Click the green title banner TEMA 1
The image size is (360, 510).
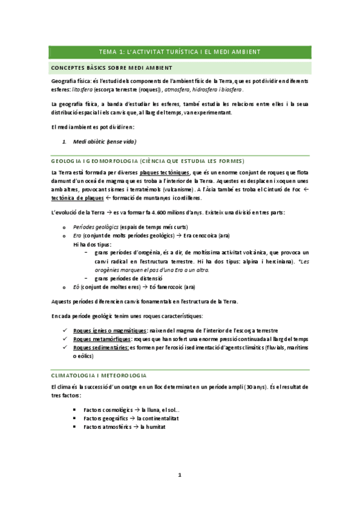[x=180, y=52]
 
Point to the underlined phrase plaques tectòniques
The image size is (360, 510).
[x=165, y=173]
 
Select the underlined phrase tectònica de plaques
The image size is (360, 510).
[x=78, y=198]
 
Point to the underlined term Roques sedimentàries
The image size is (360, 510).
[x=100, y=348]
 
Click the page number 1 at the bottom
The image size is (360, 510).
[x=179, y=475]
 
